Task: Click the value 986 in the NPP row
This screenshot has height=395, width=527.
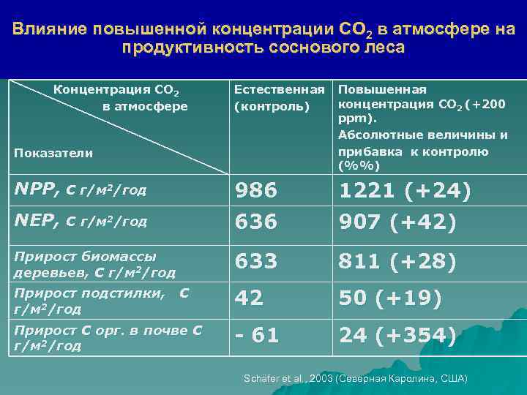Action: (255, 191)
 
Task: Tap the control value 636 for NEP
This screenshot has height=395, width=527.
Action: (255, 222)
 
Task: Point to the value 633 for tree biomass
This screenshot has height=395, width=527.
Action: (255, 261)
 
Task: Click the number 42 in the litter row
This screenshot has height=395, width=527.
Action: (248, 298)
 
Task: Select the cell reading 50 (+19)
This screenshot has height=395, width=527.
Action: (389, 298)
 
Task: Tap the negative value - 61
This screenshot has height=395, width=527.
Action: (256, 336)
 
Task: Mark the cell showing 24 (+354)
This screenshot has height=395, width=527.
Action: (397, 336)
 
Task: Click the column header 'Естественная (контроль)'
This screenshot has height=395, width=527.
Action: (278, 98)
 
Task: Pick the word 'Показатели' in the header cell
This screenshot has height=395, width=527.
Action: (53, 153)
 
